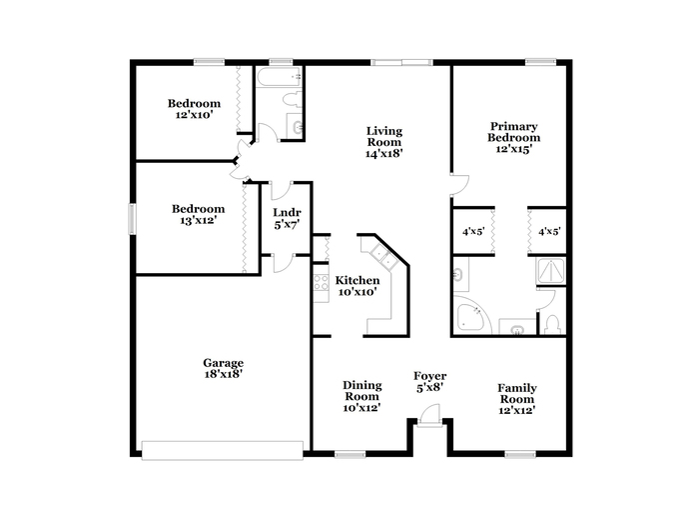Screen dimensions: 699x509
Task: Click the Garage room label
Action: pos(223,363)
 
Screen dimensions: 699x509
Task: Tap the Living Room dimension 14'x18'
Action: pos(384,154)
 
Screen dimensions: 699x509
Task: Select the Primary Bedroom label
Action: pos(513,132)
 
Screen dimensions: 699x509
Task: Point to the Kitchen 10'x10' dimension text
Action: pos(357,292)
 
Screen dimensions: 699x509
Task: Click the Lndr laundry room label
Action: pos(287,213)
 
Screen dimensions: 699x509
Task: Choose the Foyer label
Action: pos(429,376)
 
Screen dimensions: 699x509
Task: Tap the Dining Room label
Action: pos(361,391)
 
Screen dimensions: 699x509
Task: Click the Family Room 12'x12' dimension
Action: pos(517,410)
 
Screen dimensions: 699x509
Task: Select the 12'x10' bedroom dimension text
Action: pos(194,115)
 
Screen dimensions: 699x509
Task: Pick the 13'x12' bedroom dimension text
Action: pos(198,220)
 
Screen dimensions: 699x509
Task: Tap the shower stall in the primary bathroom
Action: pos(551,271)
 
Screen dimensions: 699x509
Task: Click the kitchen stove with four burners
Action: pos(321,283)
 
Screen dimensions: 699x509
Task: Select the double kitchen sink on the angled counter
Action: pos(384,257)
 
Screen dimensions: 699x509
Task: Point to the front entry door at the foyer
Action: pos(430,416)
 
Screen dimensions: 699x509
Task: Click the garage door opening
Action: pos(223,450)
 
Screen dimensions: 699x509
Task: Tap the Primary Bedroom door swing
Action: pos(459,185)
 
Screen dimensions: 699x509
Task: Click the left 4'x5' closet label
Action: pos(473,232)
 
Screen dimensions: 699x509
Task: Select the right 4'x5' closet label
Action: pos(549,232)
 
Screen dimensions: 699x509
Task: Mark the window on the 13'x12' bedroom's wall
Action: pos(132,219)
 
